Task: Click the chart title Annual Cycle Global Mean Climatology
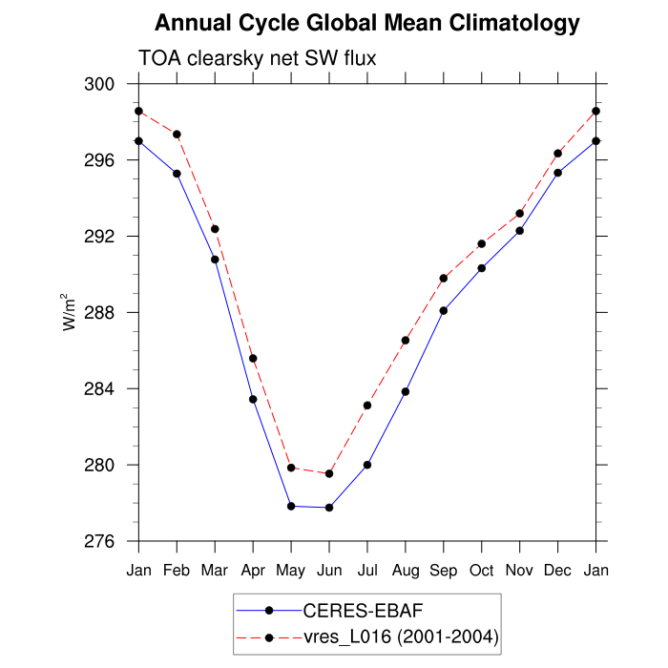coord(367,23)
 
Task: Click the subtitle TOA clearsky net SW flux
coord(258,59)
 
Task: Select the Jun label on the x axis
coord(329,571)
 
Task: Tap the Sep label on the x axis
coord(444,571)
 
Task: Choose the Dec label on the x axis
coord(558,571)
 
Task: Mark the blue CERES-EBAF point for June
coord(329,507)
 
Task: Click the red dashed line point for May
coord(291,468)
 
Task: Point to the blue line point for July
coord(367,465)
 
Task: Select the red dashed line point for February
coord(177,135)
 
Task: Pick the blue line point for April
coord(253,399)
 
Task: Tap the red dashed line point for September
coord(444,279)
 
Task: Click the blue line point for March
coord(215,260)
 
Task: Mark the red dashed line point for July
coord(367,406)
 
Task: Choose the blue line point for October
coord(482,268)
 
